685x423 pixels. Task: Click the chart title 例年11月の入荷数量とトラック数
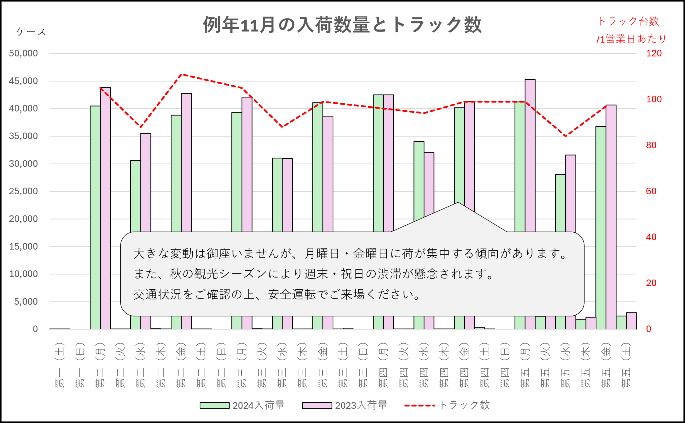pos(342,25)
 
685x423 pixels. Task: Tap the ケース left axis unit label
pos(31,32)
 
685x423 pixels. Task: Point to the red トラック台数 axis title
pos(628,21)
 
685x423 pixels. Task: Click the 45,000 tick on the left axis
pos(23,81)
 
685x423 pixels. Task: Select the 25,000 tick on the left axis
pos(23,191)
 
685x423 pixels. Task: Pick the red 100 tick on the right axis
pos(654,99)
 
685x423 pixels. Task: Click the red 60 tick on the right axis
pos(651,191)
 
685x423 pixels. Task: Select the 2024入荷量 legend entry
pos(242,405)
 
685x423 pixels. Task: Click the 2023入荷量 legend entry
pos(345,405)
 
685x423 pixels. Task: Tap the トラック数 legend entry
pos(447,405)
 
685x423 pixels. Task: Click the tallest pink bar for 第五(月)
pos(530,154)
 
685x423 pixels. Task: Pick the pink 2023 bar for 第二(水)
pos(146,182)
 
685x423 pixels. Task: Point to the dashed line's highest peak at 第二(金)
pos(182,74)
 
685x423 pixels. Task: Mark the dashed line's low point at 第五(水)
pos(566,136)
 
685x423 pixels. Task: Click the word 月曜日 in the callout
pos(322,253)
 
